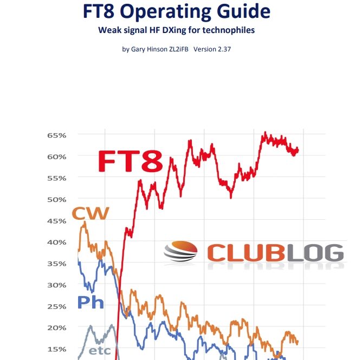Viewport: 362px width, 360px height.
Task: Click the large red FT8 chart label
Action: click(130, 161)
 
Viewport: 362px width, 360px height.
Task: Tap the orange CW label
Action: click(90, 214)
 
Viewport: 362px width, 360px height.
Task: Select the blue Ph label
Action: click(90, 302)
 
